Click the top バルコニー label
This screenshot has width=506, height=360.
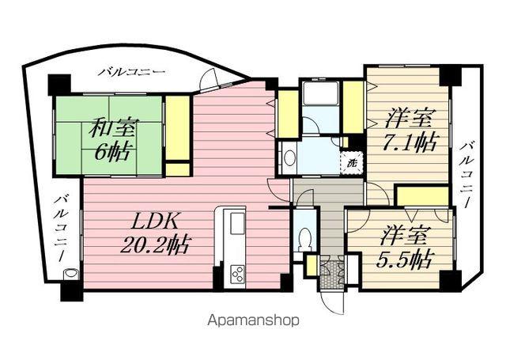pyautogui.click(x=132, y=72)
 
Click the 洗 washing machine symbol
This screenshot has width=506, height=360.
pyautogui.click(x=349, y=161)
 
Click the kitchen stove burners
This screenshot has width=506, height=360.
pyautogui.click(x=237, y=275)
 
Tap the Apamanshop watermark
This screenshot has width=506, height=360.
pyautogui.click(x=253, y=321)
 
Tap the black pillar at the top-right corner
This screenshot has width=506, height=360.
pyautogui.click(x=449, y=75)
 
